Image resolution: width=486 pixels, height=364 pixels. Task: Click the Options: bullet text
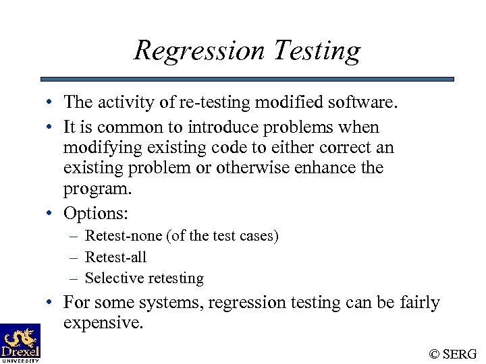tap(96, 214)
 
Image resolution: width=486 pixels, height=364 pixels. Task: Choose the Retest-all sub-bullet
tap(116, 257)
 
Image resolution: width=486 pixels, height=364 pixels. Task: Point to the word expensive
tap(103, 323)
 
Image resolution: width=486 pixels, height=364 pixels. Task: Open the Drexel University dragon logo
tap(20, 342)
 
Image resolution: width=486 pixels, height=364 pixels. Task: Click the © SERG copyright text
tap(453, 354)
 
